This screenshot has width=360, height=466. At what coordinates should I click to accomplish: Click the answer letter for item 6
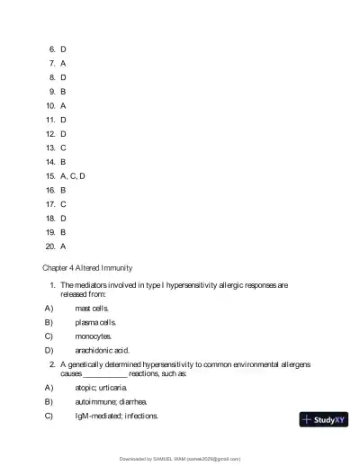(63, 49)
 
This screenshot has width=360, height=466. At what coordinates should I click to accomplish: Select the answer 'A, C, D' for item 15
(72, 175)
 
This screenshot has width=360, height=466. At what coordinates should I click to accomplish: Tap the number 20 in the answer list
(50, 246)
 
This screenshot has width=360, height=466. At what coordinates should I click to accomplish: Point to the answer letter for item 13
(63, 148)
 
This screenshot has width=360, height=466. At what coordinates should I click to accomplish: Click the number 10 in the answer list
(50, 105)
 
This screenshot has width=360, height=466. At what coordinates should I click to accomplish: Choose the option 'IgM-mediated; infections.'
(117, 416)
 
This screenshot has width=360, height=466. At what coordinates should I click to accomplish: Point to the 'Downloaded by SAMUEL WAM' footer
(180, 457)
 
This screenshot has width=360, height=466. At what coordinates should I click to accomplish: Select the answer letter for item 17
(63, 203)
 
